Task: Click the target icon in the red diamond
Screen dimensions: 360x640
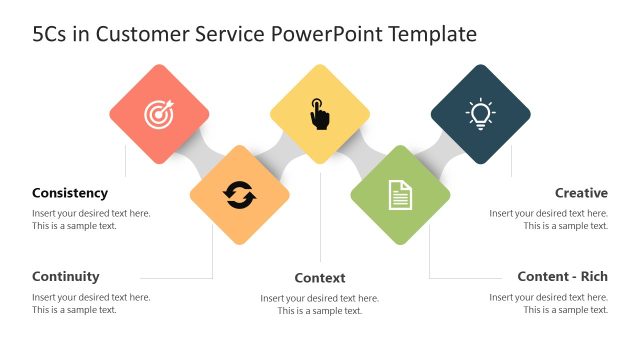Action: [x=159, y=115]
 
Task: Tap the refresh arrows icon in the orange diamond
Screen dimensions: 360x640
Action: [x=240, y=195]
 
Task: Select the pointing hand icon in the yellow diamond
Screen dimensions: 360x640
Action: [x=319, y=114]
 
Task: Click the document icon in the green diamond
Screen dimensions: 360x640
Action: [x=400, y=195]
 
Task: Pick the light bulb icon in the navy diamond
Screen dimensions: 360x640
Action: [x=480, y=114]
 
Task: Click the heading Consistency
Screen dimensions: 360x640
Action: [x=70, y=193]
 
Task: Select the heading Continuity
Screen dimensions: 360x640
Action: [x=66, y=276]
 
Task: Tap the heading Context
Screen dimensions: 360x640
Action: [x=320, y=277]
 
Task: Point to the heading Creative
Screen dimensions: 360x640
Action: [x=581, y=193]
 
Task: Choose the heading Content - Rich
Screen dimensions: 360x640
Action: [x=562, y=276]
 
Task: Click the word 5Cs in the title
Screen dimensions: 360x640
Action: [x=50, y=35]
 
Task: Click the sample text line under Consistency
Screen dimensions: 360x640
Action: [x=74, y=226]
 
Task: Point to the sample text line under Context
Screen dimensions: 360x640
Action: [x=320, y=311]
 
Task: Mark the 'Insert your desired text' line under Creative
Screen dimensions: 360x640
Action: [x=549, y=213]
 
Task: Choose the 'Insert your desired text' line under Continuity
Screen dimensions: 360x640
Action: [x=91, y=297]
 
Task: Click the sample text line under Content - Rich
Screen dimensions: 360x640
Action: [x=566, y=310]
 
